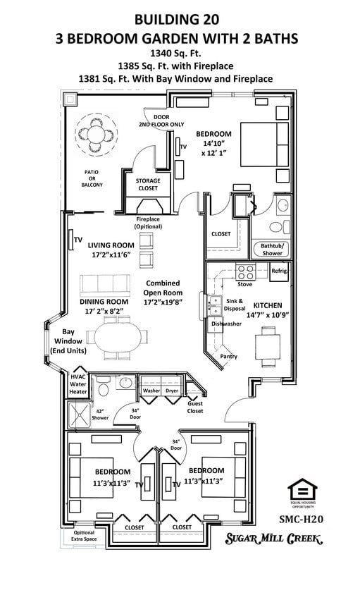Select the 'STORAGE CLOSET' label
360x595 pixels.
pyautogui.click(x=148, y=184)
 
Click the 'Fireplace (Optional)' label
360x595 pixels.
pyautogui.click(x=147, y=223)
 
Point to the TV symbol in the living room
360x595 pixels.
pyautogui.click(x=73, y=240)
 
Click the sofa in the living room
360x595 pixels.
pyautogui.click(x=105, y=285)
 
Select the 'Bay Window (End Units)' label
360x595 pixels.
pyautogui.click(x=68, y=341)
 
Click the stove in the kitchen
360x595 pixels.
pyautogui.click(x=244, y=272)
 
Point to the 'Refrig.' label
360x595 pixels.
pyautogui.click(x=280, y=271)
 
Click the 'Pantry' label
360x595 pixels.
pyautogui.click(x=228, y=357)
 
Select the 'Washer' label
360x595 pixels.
pyautogui.click(x=151, y=390)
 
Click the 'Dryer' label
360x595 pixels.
pyautogui.click(x=172, y=390)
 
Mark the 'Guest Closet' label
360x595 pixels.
pyautogui.click(x=195, y=409)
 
